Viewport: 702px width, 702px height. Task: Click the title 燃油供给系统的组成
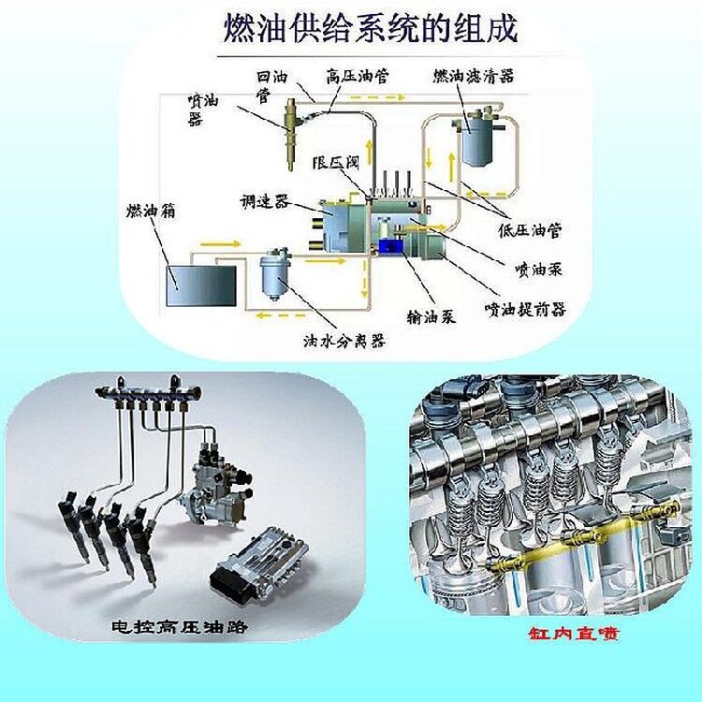371,29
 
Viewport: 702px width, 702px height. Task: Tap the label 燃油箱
151,211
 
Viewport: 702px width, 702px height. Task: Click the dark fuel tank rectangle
201,285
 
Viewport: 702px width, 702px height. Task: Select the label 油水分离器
344,341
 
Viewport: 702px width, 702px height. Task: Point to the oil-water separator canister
276,274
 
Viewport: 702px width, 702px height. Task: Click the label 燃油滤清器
474,76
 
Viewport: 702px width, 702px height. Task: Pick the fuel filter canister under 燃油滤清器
478,136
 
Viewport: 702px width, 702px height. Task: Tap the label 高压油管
357,76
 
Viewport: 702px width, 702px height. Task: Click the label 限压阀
336,162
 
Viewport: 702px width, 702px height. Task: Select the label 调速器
265,201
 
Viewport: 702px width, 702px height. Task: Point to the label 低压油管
530,230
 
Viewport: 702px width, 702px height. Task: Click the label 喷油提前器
526,309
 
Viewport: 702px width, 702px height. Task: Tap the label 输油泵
431,316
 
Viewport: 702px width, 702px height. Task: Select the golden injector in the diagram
290,134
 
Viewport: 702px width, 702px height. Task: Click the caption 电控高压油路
180,626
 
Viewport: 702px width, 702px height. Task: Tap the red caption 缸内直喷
574,634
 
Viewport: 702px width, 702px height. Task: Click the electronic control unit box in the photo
259,560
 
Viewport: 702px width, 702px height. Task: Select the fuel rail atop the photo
148,393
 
